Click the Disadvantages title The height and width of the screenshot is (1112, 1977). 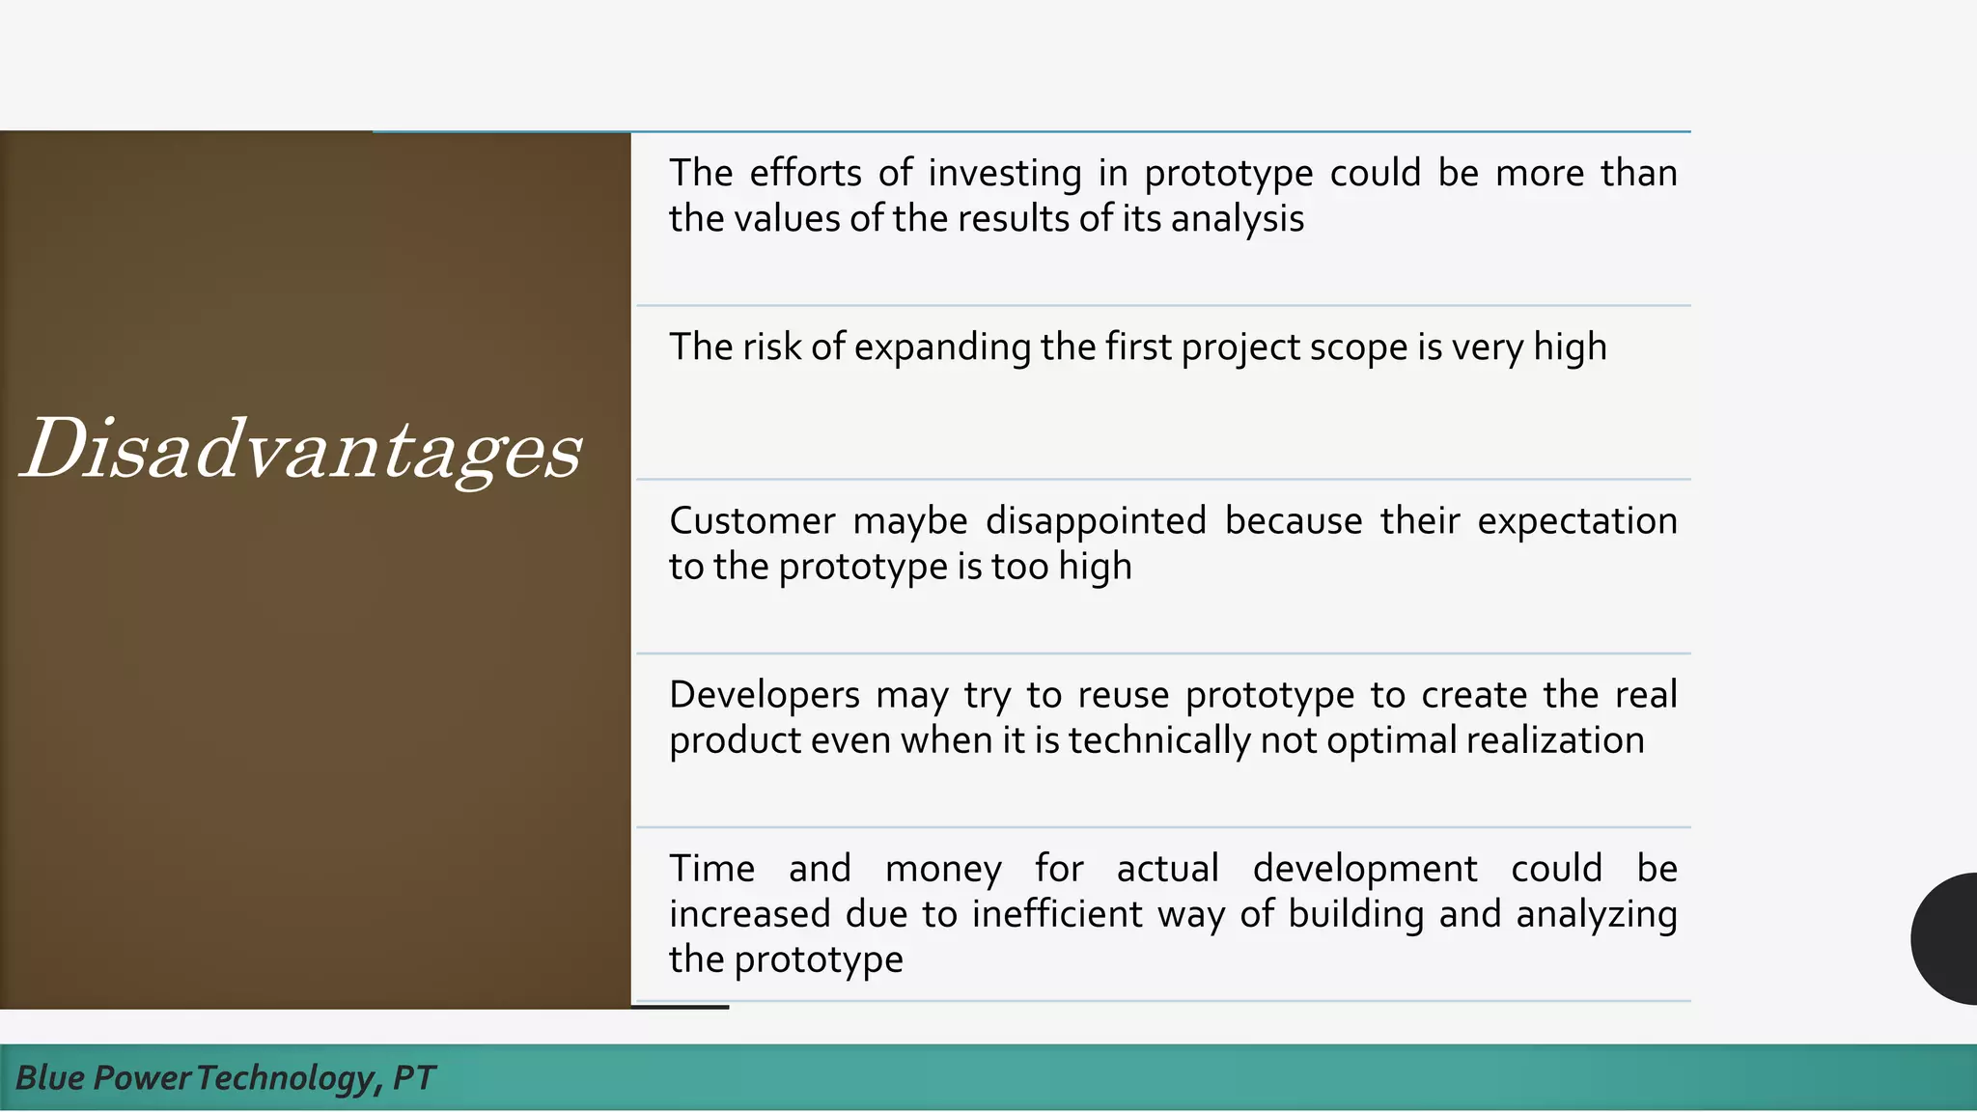coord(301,449)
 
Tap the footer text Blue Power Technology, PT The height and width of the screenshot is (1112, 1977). coord(225,1077)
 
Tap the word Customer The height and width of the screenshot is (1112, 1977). coord(752,521)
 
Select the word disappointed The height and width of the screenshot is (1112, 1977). coord(1096,522)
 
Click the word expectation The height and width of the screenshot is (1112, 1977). coord(1576,522)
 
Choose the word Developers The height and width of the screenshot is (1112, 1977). coord(764,696)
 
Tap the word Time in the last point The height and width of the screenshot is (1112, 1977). coord(711,869)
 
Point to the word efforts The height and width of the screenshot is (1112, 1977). coord(805,174)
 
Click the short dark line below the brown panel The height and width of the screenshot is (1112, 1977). coord(680,1007)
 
